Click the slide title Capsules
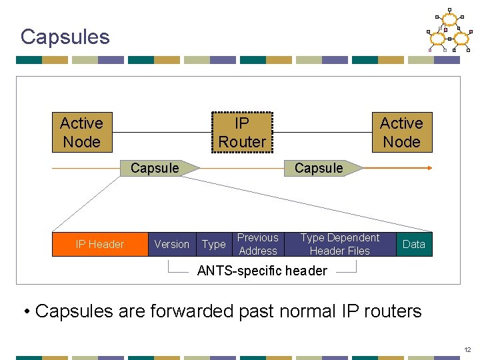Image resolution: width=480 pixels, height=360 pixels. coord(65,37)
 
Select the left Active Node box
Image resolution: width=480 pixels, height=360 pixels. coord(82,133)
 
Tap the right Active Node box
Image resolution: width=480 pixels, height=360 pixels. coord(401,133)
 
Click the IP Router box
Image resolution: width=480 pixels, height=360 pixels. coord(241,133)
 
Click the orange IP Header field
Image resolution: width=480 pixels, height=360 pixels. coord(99,244)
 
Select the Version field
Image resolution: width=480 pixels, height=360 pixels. coord(171,244)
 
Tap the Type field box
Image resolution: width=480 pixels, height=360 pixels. coord(214,244)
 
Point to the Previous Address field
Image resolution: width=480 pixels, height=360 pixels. coord(257,244)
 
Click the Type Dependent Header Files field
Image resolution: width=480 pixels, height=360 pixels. coord(339,244)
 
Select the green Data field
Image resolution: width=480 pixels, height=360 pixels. coord(413,244)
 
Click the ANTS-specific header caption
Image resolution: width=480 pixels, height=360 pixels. coord(262,271)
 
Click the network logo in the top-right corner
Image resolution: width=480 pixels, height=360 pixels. coord(449,31)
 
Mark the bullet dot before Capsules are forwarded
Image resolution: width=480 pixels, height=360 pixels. coord(27,312)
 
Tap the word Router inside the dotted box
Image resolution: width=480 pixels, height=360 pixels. coord(241,142)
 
